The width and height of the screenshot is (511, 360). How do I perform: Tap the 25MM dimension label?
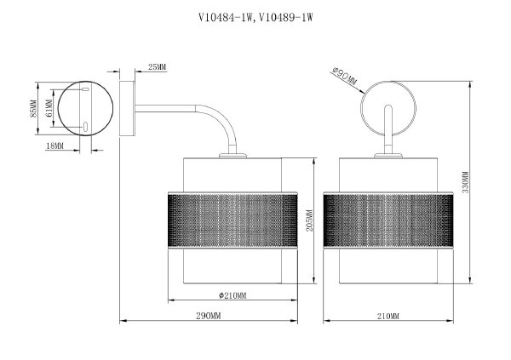tap(156, 66)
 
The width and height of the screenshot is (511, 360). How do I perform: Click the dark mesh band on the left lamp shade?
tap(233, 221)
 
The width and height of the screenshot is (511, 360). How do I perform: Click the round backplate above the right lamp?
tap(388, 106)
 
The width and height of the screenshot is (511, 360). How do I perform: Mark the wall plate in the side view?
tap(126, 110)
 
